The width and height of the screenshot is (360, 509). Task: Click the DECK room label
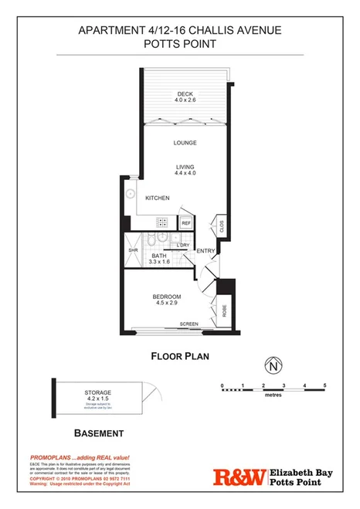click(x=183, y=96)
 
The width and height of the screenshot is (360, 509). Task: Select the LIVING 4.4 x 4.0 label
click(x=184, y=171)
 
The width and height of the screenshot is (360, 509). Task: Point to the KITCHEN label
click(x=158, y=199)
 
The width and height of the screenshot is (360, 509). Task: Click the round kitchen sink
click(x=131, y=194)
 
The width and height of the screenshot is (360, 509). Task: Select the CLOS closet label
click(x=222, y=226)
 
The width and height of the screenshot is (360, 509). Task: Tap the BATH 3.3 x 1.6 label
click(x=160, y=260)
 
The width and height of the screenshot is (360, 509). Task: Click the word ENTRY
click(x=205, y=250)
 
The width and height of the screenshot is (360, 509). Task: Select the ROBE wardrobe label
click(x=224, y=310)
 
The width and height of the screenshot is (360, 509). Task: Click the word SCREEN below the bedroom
click(x=188, y=324)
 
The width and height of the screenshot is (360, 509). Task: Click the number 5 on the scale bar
click(x=325, y=385)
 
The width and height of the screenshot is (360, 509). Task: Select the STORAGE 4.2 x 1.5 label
click(x=98, y=396)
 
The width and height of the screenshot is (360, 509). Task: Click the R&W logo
click(x=239, y=478)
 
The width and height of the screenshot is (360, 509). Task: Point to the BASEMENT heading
click(x=98, y=434)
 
